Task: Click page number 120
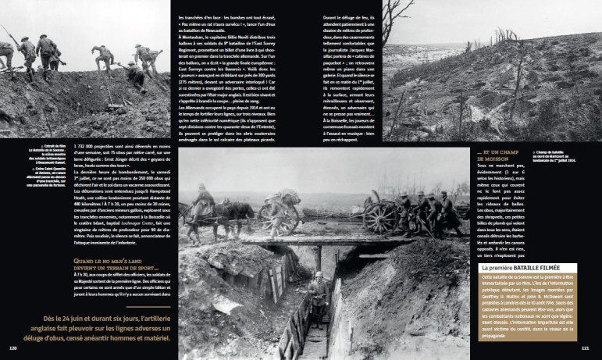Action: (x=13, y=348)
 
